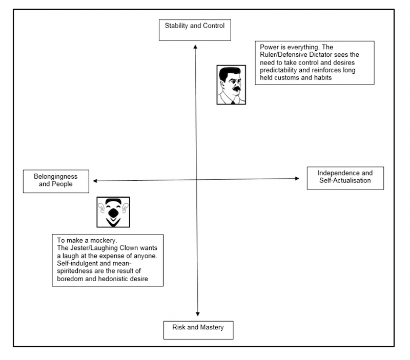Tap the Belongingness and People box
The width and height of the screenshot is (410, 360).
[x=56, y=181]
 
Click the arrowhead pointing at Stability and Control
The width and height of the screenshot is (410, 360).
[x=195, y=47]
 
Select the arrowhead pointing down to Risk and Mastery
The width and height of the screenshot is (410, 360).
[x=198, y=314]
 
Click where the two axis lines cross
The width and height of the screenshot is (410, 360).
[x=196, y=179]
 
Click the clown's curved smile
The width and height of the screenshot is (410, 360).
[x=113, y=222]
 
